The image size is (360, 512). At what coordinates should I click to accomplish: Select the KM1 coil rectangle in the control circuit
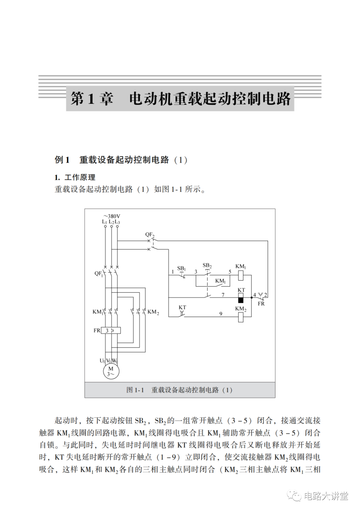click(x=241, y=275)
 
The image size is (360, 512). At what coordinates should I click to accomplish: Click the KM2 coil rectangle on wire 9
click(x=241, y=317)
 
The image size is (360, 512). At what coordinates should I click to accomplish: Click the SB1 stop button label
click(x=181, y=268)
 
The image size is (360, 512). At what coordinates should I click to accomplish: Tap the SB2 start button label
click(x=207, y=265)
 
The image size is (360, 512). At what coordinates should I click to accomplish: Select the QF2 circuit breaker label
click(x=150, y=235)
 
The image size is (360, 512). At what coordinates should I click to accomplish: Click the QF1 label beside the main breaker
click(x=99, y=274)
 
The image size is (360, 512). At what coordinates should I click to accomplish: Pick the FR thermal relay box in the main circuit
click(x=110, y=330)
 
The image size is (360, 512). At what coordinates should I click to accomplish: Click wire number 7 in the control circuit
click(x=223, y=295)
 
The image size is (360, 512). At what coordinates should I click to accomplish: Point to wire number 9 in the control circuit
click(x=221, y=313)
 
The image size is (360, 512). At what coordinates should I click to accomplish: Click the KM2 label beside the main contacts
click(x=153, y=312)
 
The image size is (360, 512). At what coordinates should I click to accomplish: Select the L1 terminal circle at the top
click(x=105, y=227)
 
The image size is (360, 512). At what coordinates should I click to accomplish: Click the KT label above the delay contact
click(x=182, y=307)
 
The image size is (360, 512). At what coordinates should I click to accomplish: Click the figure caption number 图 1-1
click(x=135, y=390)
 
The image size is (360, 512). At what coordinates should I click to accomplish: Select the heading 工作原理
click(x=80, y=177)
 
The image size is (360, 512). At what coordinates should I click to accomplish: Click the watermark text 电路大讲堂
click(x=326, y=496)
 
